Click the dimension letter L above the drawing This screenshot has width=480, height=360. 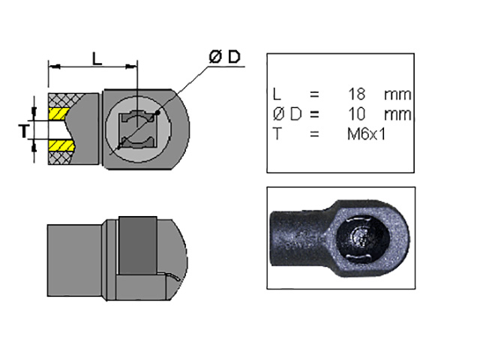[x=97, y=58]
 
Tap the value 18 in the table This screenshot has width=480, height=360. [x=356, y=95]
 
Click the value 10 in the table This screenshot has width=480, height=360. [x=356, y=114]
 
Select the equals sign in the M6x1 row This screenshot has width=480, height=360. [x=314, y=133]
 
